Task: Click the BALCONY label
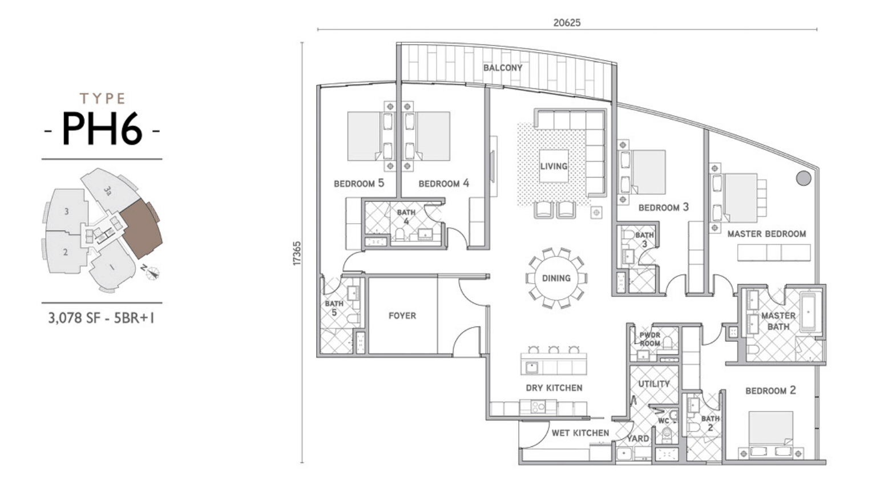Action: pos(503,68)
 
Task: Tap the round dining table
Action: pos(556,278)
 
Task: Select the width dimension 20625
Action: pos(567,23)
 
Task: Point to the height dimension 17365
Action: pos(297,253)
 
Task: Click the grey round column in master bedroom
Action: pos(804,179)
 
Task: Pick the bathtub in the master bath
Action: pos(810,312)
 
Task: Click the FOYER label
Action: pos(402,316)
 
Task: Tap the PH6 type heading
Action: pos(102,129)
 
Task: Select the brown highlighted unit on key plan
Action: pos(141,229)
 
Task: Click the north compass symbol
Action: pos(152,273)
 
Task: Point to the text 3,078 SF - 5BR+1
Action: pos(101,318)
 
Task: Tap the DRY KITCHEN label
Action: pos(554,388)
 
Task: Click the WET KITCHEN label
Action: pos(580,433)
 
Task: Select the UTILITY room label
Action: pos(654,384)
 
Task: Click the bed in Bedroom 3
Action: pos(648,172)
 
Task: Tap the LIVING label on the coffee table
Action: pos(554,166)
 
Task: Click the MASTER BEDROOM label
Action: pos(766,234)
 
